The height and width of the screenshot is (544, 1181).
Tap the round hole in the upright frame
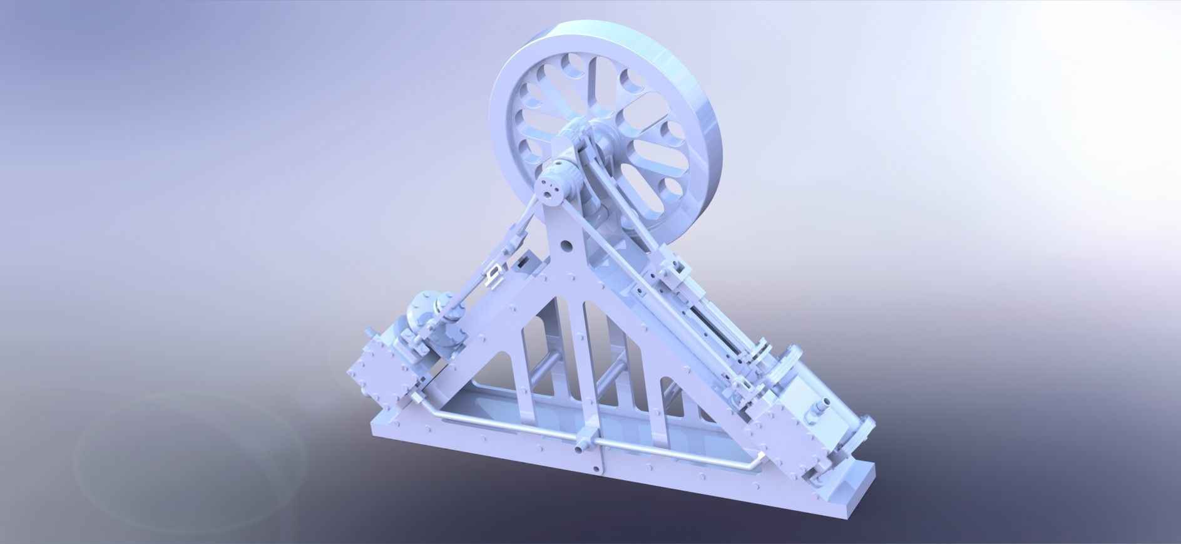tap(568, 245)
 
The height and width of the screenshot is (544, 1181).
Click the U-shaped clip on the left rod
tap(494, 273)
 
